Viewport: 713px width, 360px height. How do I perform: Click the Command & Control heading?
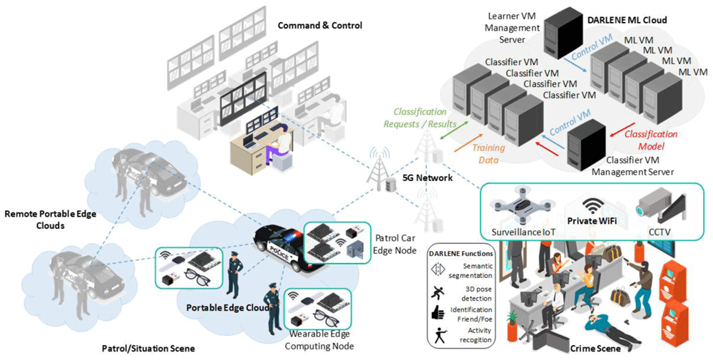[x=319, y=26]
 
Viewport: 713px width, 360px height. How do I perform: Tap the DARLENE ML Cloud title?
[x=627, y=20]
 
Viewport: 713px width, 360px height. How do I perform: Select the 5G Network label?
[x=428, y=178]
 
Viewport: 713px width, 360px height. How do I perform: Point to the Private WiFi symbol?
[x=591, y=206]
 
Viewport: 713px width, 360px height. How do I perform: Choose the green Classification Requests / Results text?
[x=420, y=118]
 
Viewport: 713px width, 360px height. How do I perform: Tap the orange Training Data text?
[x=488, y=154]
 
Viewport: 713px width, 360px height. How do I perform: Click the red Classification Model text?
[x=651, y=140]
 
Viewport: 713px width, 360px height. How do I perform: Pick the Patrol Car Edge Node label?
[x=396, y=244]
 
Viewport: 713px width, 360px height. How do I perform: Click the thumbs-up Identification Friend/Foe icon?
[x=438, y=312]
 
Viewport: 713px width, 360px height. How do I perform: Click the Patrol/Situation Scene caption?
[x=148, y=349]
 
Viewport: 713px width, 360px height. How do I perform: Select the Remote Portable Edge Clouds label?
[x=51, y=220]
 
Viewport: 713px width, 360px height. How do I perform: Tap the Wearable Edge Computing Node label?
[x=319, y=340]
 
